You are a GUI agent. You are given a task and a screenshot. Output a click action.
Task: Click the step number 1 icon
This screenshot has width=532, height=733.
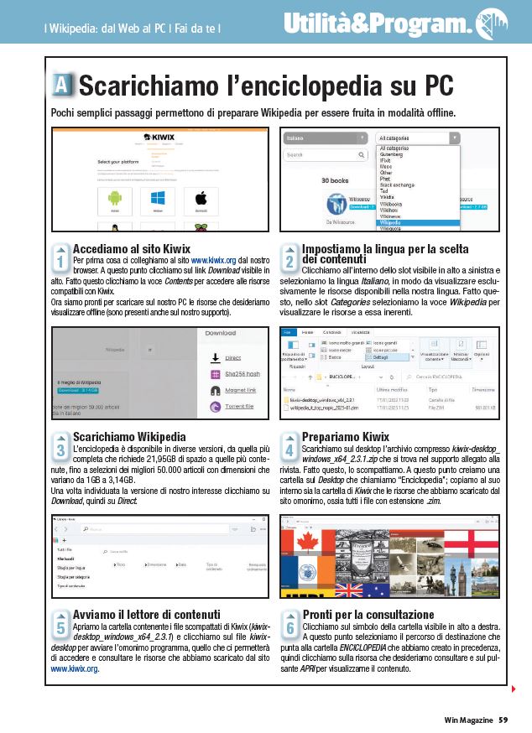pos(60,257)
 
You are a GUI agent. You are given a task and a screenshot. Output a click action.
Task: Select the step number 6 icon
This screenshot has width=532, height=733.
pos(289,625)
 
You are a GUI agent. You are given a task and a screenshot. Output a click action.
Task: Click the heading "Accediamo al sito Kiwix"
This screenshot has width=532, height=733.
pos(132,249)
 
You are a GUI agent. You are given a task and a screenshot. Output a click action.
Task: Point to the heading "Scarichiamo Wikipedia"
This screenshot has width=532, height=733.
pos(129,437)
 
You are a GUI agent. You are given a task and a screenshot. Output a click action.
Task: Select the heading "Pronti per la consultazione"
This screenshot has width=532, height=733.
pos(368,615)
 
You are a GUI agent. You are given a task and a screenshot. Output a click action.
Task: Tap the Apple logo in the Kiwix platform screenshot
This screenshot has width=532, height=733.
pos(201,198)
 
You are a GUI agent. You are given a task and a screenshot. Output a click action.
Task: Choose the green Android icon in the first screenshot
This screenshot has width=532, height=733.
pos(115,198)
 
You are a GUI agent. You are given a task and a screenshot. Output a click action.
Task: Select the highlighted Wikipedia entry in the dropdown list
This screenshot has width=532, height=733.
pos(418,223)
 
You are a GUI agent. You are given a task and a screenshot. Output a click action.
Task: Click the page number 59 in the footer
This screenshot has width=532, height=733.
pos(503,719)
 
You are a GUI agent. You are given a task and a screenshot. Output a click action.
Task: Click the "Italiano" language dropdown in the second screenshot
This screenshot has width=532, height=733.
pos(324,138)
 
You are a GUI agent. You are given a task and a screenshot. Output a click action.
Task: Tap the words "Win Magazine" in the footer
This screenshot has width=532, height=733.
pos(468,719)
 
